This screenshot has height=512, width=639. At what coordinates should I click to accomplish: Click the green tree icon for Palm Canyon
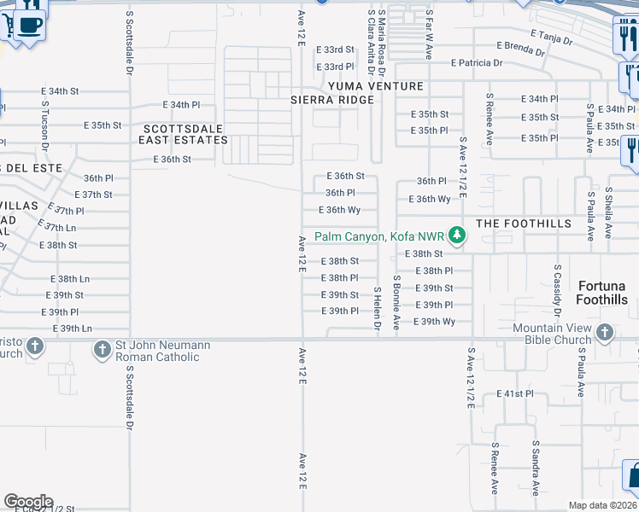[457, 235]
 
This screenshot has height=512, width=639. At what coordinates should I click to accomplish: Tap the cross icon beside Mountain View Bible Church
[604, 333]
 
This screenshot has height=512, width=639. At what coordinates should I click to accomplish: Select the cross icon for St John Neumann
[102, 348]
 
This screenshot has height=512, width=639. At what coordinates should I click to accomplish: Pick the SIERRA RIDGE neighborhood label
[332, 100]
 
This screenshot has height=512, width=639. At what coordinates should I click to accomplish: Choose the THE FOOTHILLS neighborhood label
[523, 224]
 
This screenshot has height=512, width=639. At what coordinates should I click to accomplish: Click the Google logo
[27, 501]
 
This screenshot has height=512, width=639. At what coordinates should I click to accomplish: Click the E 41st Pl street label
[514, 394]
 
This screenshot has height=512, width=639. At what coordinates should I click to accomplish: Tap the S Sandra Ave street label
[536, 468]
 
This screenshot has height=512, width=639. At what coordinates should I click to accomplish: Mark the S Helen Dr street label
[377, 308]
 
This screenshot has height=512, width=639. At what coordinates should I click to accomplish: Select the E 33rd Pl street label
[335, 67]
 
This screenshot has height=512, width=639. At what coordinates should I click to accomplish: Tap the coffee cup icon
[31, 26]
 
